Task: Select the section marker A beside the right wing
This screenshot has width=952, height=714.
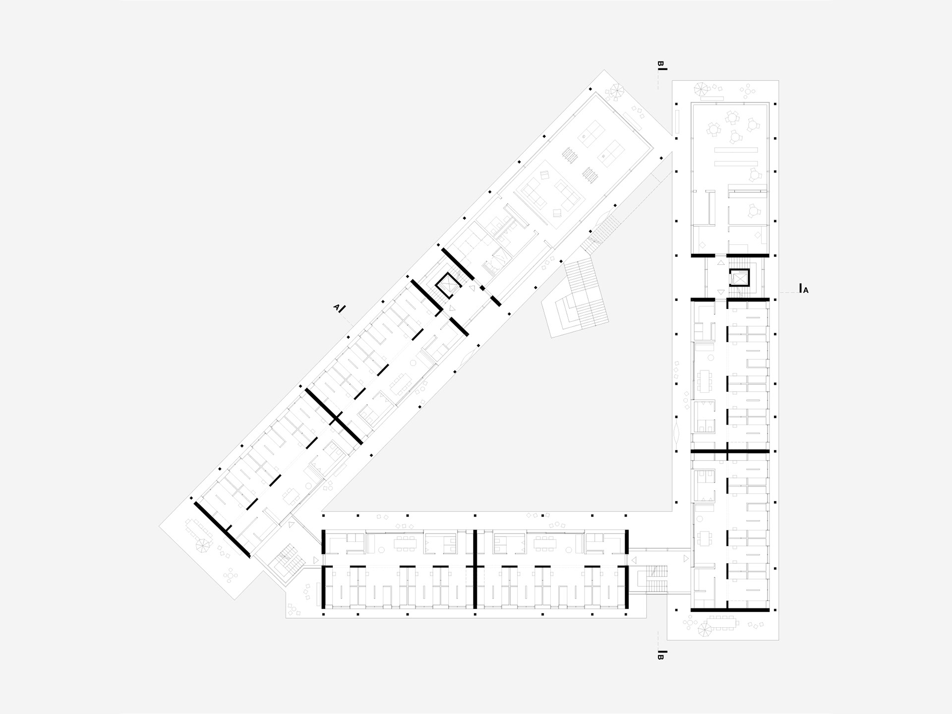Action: coord(806,291)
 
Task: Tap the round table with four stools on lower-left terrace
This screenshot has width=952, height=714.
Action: coord(231,576)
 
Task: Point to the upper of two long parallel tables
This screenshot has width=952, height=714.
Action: coord(736,149)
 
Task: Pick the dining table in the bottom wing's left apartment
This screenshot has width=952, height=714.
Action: coord(406,543)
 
